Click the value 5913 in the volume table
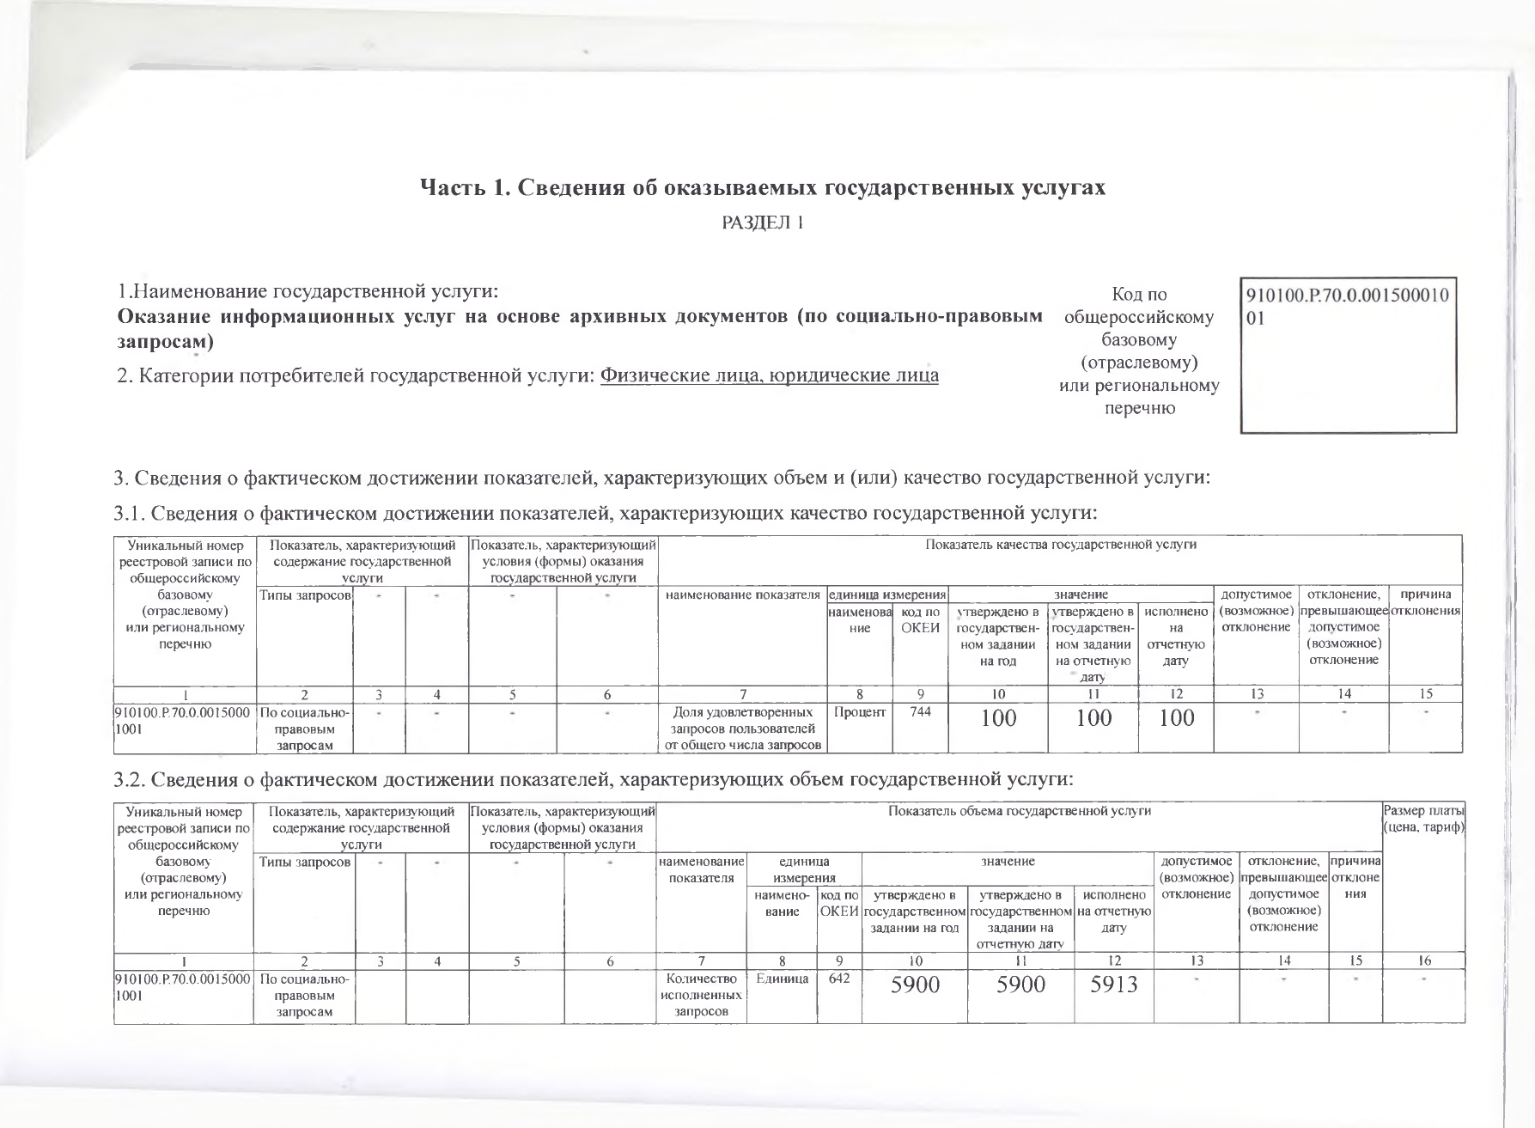(1113, 985)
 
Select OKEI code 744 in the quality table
(919, 712)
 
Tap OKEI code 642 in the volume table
(838, 979)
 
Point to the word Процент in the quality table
(859, 712)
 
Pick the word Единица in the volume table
(781, 979)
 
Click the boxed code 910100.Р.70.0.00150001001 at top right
(1347, 307)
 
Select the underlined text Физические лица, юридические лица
(769, 375)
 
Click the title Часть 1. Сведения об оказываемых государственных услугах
(762, 187)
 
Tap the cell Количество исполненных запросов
(701, 995)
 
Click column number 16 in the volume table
(1422, 961)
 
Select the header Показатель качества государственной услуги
(1060, 544)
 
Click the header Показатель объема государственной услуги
(1019, 810)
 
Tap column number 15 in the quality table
(1425, 694)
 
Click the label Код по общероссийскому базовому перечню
(1139, 351)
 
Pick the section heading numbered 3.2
(594, 779)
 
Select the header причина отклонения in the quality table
(1425, 602)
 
